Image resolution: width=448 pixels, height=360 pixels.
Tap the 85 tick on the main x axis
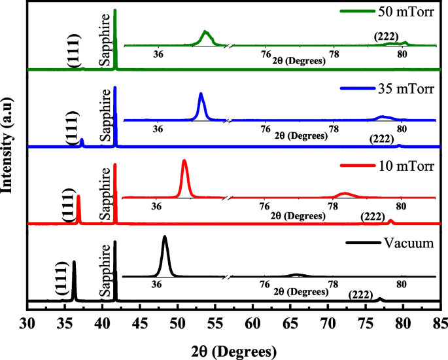click(440, 321)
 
